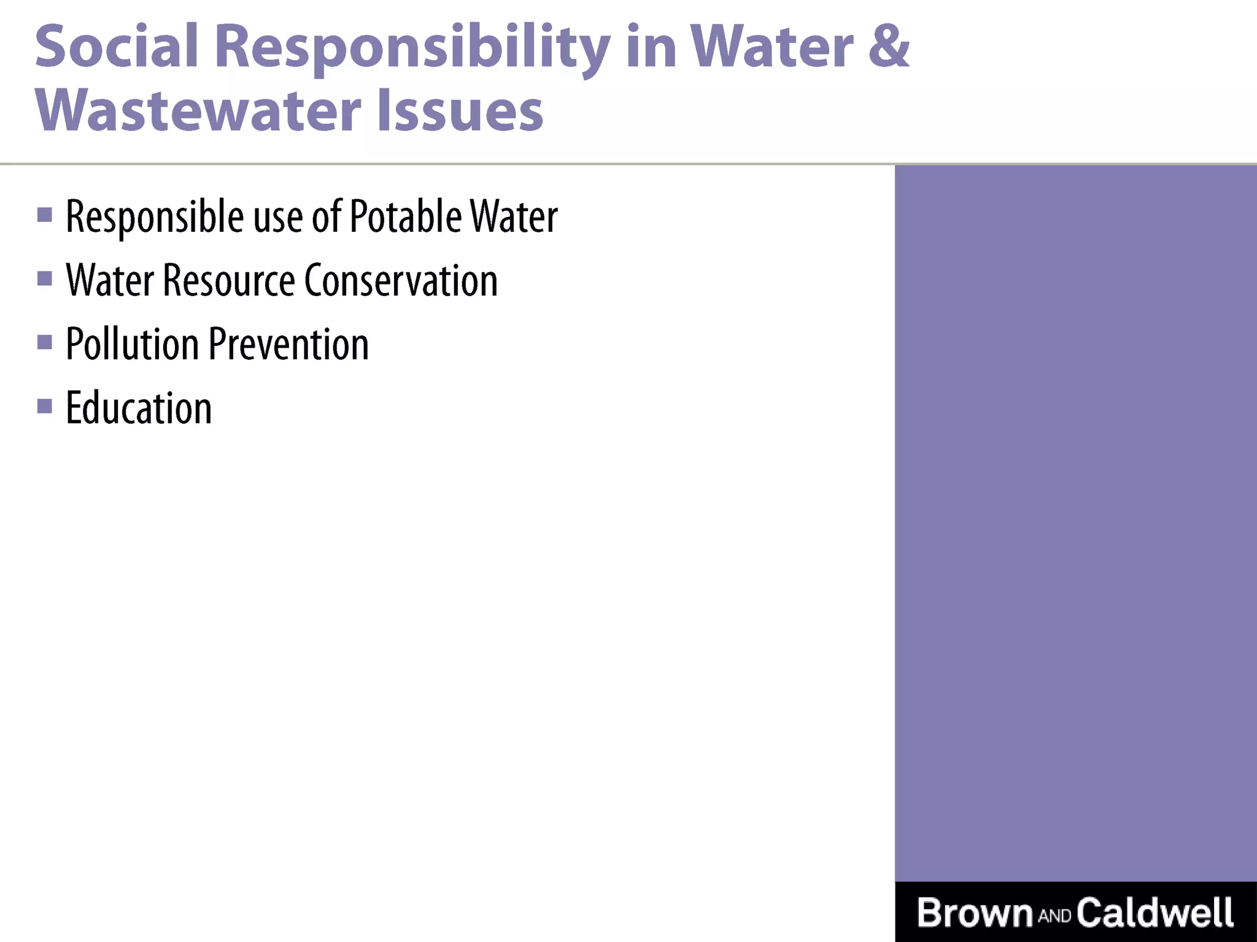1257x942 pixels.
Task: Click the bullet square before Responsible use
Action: pyautogui.click(x=45, y=215)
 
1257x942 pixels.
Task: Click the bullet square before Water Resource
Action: pyautogui.click(x=45, y=278)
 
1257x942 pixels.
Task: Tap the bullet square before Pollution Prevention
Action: pyautogui.click(x=45, y=342)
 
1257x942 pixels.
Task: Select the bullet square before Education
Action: pyautogui.click(x=45, y=406)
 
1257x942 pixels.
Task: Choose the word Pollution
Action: pyautogui.click(x=131, y=344)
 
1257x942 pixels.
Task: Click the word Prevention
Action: pyautogui.click(x=288, y=344)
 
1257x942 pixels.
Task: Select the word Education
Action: pyautogui.click(x=139, y=408)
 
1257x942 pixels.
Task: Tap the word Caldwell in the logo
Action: pyautogui.click(x=1155, y=912)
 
